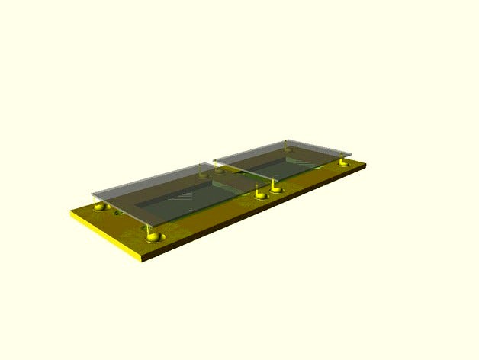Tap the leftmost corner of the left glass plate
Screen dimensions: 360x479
(92, 194)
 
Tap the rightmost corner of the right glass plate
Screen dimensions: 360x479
(352, 150)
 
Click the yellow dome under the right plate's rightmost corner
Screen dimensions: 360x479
(344, 162)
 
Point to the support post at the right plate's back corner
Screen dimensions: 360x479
(285, 145)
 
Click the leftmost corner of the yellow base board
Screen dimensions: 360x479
(71, 214)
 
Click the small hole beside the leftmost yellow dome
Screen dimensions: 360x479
(117, 214)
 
